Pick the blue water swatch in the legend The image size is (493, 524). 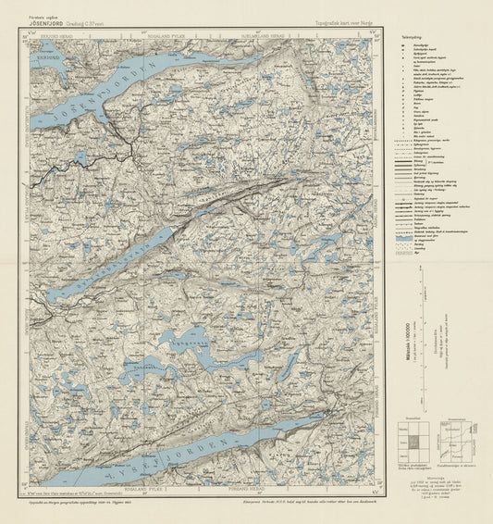point(406,237)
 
